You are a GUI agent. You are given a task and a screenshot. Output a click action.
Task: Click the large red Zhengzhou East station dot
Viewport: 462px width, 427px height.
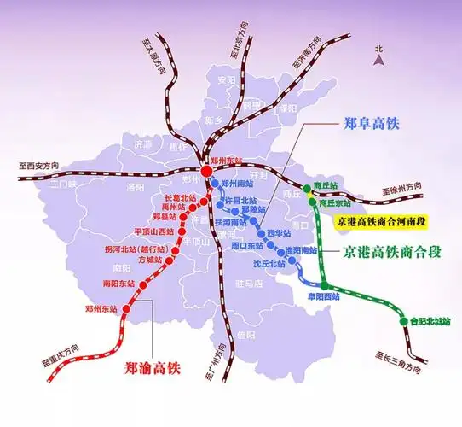(x=208, y=171)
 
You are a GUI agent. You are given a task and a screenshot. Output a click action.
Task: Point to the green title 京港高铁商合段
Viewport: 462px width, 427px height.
(x=392, y=252)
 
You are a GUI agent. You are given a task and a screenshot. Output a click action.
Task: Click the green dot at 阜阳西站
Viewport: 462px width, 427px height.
(x=325, y=285)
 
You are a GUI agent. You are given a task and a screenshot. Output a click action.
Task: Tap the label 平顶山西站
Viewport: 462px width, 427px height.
(x=153, y=231)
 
